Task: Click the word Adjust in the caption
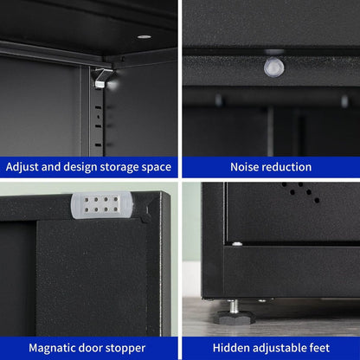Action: pyautogui.click(x=25, y=167)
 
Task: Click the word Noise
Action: pyautogui.click(x=247, y=167)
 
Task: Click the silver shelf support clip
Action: pyautogui.click(x=104, y=78)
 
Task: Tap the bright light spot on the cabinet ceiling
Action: pyautogui.click(x=143, y=37)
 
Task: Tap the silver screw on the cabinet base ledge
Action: pyautogui.click(x=236, y=244)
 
